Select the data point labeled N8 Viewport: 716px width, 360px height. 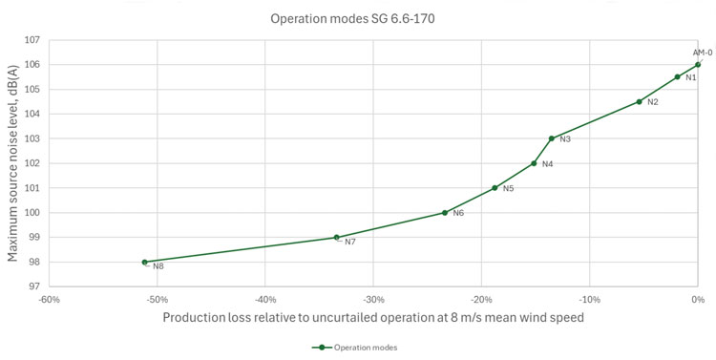pos(145,262)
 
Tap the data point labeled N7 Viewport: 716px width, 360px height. pos(336,238)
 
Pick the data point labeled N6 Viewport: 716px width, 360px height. pos(445,213)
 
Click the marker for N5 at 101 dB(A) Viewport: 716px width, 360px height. pos(495,188)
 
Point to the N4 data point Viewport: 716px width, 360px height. pos(534,163)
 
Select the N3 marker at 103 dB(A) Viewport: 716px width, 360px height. pos(552,138)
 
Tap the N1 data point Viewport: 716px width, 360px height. pos(677,77)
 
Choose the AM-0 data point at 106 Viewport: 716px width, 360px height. pos(698,65)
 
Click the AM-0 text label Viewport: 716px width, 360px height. pos(703,53)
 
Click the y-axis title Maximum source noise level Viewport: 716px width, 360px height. pos(13,163)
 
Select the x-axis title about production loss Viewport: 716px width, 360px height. pos(373,317)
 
